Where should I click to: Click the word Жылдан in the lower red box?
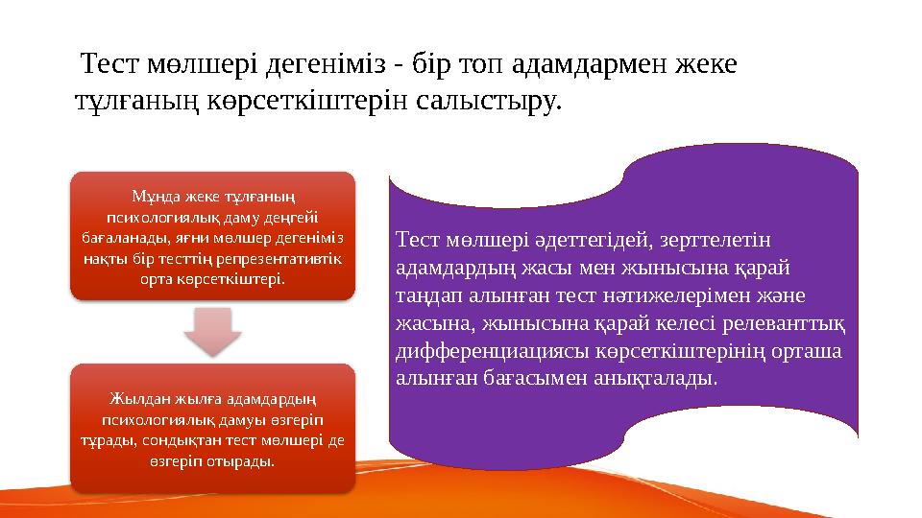point(137,400)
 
